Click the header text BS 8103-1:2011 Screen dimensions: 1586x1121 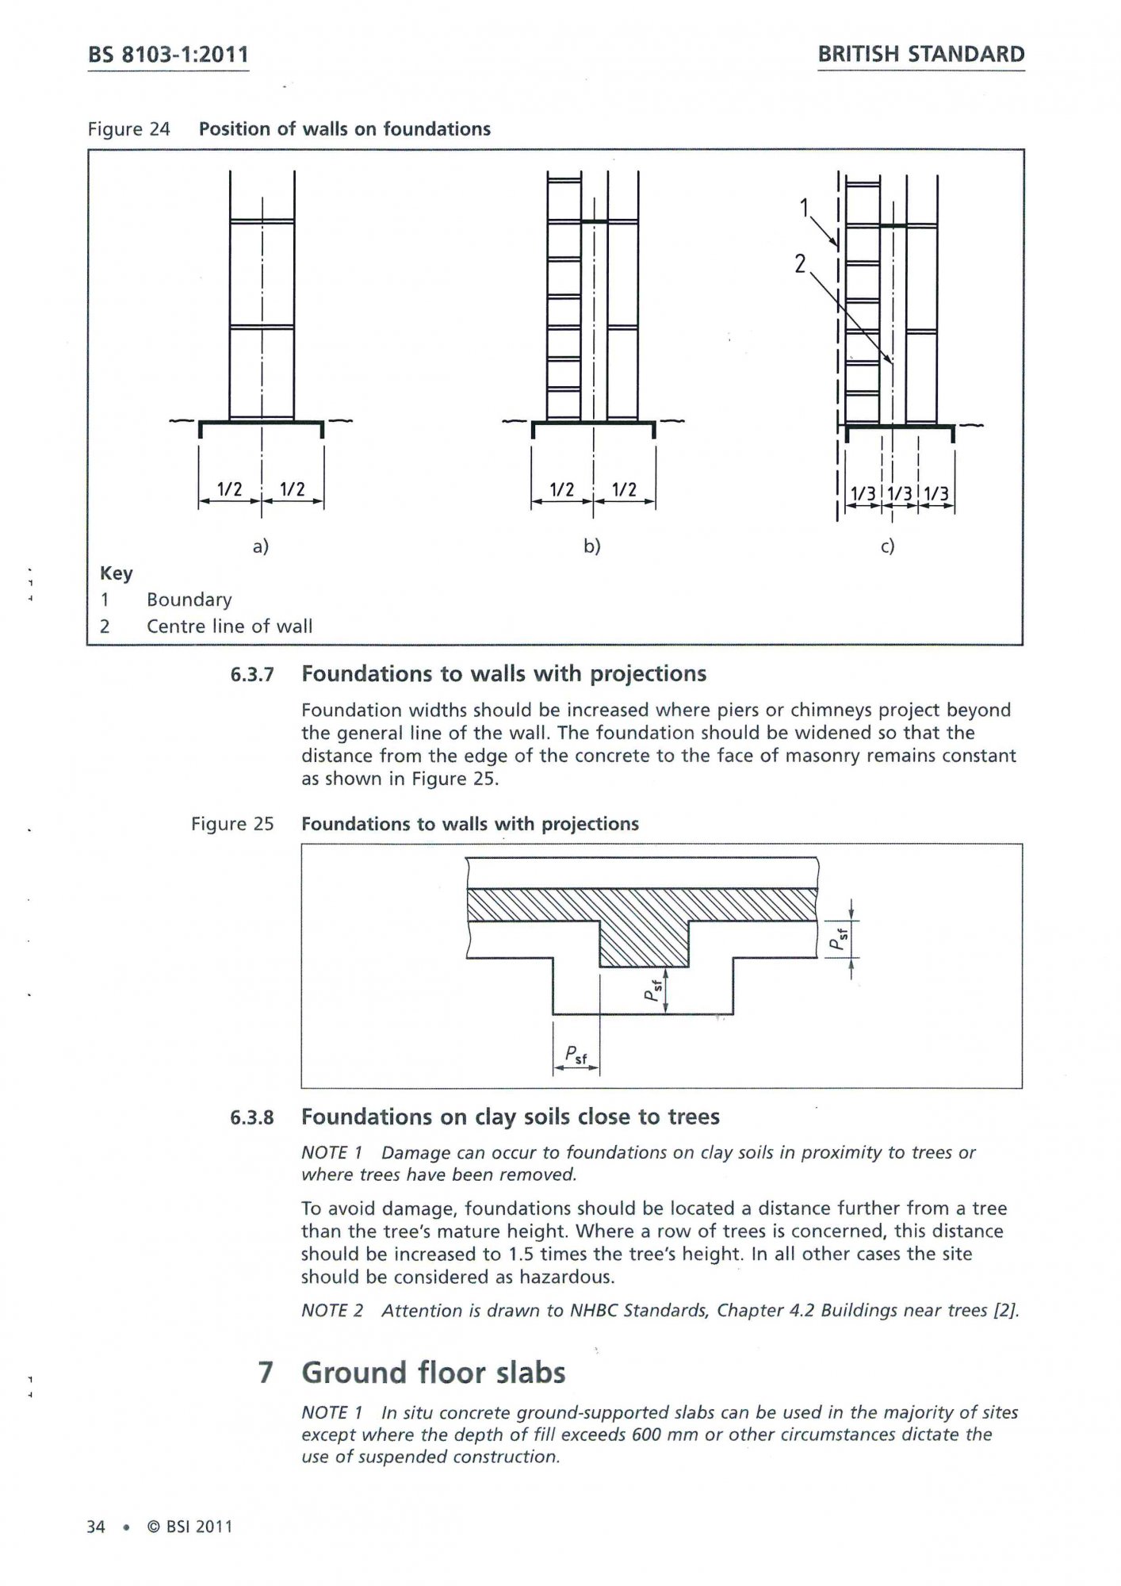[168, 55]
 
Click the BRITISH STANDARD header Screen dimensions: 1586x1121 [920, 55]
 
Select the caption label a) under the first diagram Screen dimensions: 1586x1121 [260, 546]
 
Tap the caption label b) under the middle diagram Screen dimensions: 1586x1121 [592, 546]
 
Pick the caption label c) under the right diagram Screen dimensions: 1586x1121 [887, 546]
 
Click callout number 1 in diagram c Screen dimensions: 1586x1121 [805, 208]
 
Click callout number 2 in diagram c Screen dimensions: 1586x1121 [801, 263]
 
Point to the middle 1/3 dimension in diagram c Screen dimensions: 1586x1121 [899, 495]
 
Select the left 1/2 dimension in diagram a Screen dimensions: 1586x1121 [229, 489]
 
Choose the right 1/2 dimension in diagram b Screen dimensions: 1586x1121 [624, 489]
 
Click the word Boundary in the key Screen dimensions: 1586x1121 [189, 600]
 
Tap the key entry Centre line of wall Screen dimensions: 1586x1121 [229, 626]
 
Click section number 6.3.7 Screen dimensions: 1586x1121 [251, 675]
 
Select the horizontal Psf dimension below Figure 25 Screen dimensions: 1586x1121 [576, 1055]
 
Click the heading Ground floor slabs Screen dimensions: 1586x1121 [433, 1373]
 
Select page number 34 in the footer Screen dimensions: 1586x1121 [95, 1527]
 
